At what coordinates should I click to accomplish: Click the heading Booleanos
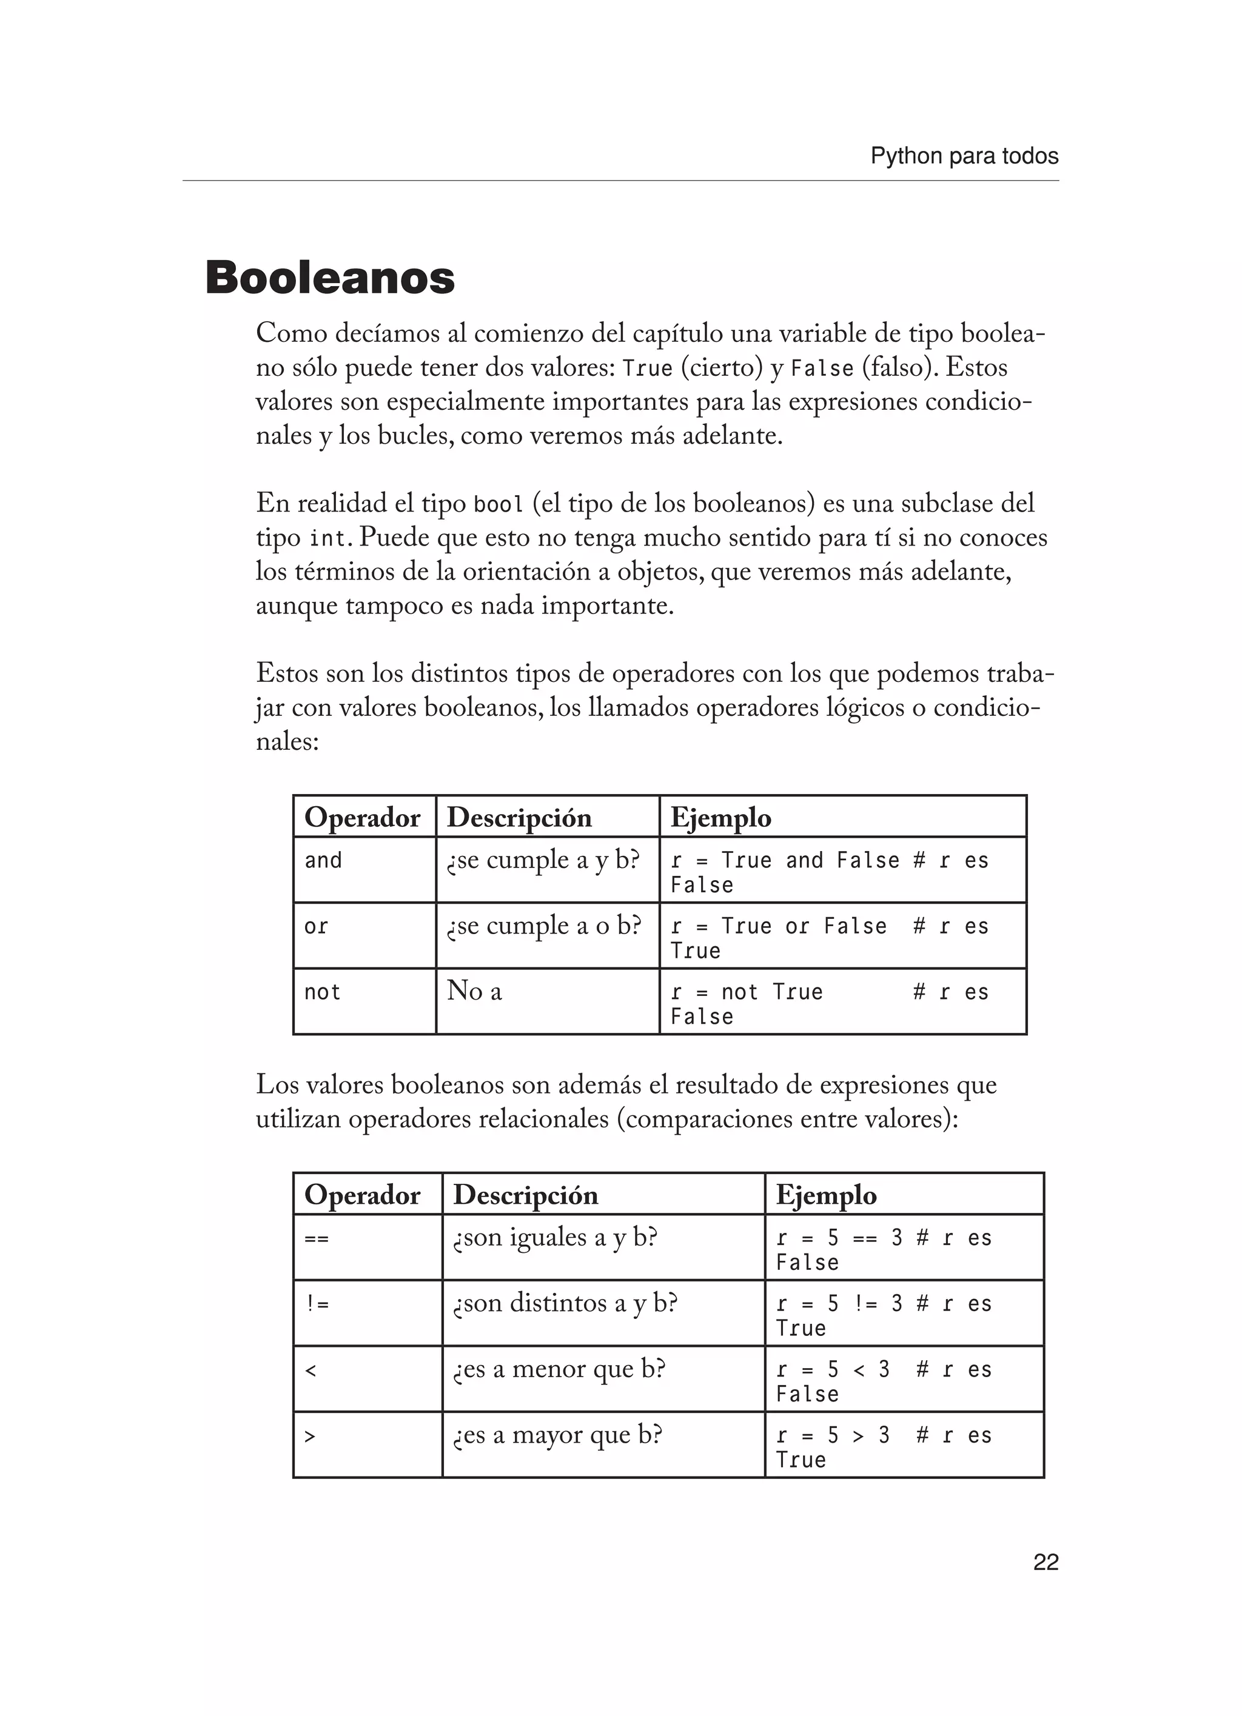[330, 278]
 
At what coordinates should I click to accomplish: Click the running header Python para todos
[964, 156]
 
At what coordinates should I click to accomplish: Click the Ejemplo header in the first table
[720, 818]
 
